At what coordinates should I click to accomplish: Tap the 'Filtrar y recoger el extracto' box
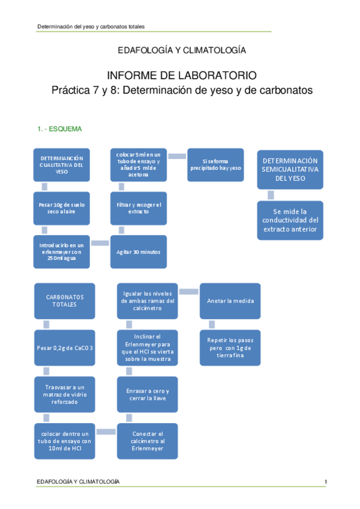(x=139, y=208)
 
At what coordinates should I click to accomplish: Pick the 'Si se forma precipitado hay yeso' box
(x=215, y=164)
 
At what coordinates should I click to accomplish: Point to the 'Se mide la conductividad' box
(x=290, y=220)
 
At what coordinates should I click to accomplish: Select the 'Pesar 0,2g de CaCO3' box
(x=65, y=347)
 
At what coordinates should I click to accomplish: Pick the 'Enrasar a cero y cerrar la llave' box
(x=148, y=394)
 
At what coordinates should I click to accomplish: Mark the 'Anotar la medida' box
(x=230, y=301)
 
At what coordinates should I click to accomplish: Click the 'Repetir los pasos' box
(x=230, y=347)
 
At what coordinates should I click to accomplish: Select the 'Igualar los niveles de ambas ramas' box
(x=148, y=301)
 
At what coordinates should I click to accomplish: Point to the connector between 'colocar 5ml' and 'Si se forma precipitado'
(x=176, y=156)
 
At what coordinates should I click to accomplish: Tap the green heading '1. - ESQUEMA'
(x=60, y=129)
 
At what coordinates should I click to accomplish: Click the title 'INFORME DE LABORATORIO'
(x=181, y=76)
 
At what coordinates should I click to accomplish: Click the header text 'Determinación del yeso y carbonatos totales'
(x=91, y=27)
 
